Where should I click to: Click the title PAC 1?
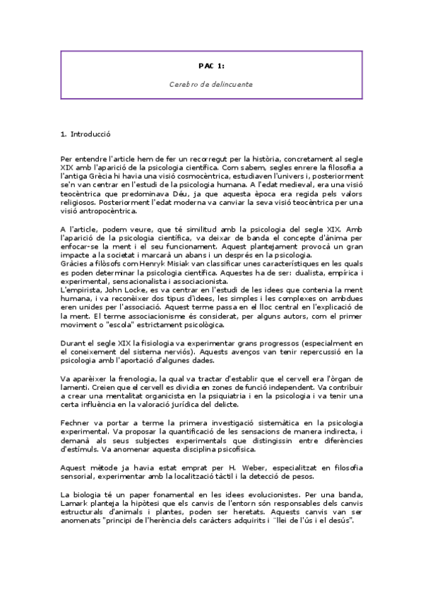pyautogui.click(x=211, y=66)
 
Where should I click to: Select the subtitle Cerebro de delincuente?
pyautogui.click(x=211, y=83)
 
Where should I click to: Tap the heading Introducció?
pyautogui.click(x=91, y=134)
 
